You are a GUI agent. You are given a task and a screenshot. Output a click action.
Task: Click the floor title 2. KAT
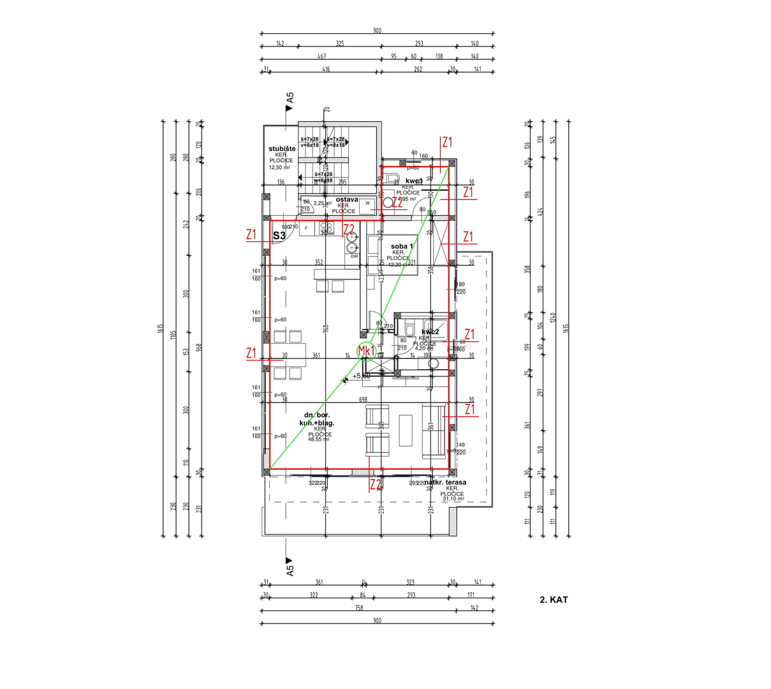point(554,600)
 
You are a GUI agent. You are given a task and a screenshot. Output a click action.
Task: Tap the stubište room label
point(282,149)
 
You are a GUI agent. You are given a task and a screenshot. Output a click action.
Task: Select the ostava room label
point(346,199)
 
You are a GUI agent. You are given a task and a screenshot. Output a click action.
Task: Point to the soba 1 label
point(402,246)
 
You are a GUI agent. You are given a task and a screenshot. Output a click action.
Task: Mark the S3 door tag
point(279,235)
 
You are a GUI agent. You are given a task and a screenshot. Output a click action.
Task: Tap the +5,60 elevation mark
point(361,376)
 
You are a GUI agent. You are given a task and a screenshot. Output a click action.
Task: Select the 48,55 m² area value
point(319,440)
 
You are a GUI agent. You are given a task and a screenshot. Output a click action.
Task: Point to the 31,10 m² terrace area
point(453,499)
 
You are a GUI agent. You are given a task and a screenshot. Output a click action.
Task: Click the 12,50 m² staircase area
point(279,167)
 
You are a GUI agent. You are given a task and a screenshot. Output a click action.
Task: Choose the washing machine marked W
point(367,204)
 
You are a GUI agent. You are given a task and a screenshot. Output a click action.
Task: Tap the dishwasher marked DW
point(354,256)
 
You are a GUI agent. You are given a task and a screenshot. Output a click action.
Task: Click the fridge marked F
point(307,228)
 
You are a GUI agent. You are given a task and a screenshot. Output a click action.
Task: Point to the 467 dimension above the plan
point(322,56)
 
